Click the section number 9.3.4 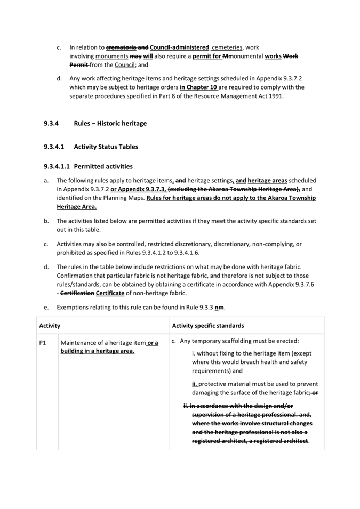click(52, 124)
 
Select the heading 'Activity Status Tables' click(106, 147)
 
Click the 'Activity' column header click(50, 325)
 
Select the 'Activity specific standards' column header click(208, 325)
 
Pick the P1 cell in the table click(44, 343)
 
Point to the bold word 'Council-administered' click(179, 47)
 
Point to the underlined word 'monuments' click(111, 56)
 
